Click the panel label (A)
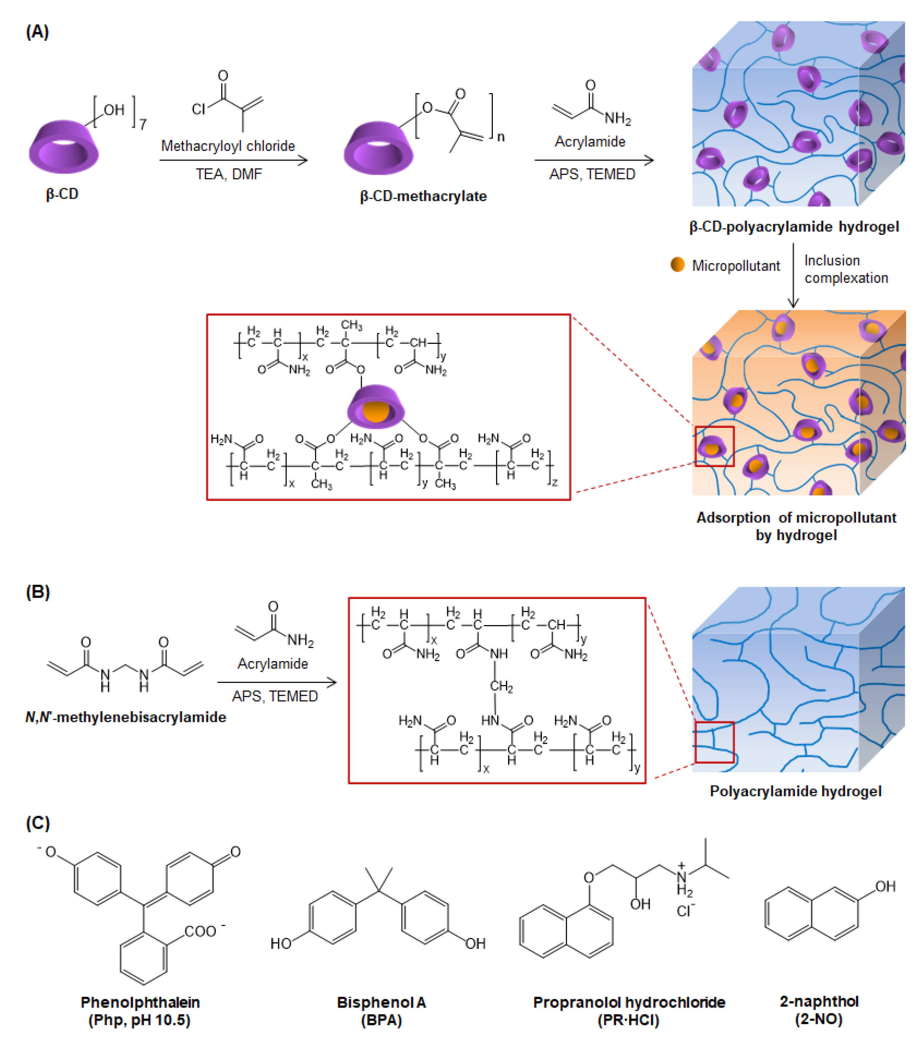37,32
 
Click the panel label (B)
37,592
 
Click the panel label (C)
37,823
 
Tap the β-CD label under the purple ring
62,194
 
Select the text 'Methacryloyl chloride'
228,146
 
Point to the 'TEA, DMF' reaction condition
229,174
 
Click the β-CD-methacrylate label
423,196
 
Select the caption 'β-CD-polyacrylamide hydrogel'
794,226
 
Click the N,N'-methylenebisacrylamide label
126,717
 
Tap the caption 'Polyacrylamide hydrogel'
795,791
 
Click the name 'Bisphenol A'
381,1002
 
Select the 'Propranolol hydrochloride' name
629,1002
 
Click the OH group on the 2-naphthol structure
885,886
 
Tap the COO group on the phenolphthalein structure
201,931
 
